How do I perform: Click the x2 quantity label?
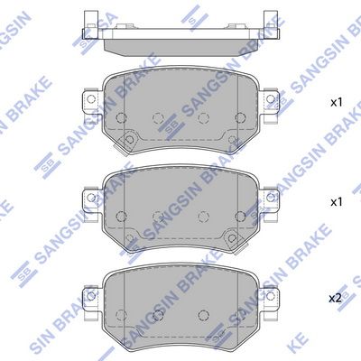(x=335, y=299)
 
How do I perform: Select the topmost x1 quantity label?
(x=337, y=103)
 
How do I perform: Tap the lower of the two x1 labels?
(x=337, y=202)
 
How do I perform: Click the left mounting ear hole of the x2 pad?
(x=90, y=296)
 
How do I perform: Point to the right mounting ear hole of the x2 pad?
(x=271, y=296)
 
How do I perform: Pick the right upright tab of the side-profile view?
(x=272, y=24)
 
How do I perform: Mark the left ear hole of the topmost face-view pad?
(x=91, y=98)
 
